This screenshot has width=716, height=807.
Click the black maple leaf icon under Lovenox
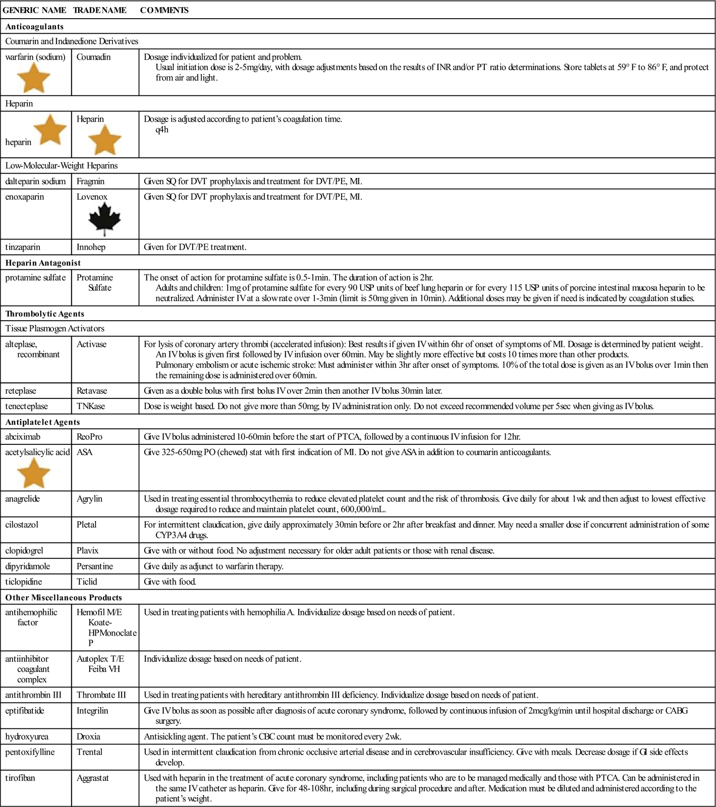tap(105, 219)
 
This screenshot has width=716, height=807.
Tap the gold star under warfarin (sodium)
tap(33, 79)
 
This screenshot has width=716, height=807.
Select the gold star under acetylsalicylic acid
tap(33, 474)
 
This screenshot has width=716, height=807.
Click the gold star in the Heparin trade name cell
tap(104, 139)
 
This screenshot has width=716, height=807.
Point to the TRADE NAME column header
tap(99, 10)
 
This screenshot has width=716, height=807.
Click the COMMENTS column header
tap(164, 10)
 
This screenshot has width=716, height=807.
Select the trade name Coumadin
tap(93, 57)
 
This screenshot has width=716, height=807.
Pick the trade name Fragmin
tap(90, 181)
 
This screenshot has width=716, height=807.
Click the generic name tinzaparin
tap(23, 247)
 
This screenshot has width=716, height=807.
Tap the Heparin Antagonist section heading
tap(43, 263)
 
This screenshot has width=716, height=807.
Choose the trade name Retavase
tap(92, 391)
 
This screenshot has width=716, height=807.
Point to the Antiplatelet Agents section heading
tap(43, 422)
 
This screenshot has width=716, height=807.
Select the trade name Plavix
tap(87, 550)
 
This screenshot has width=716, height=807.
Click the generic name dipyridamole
tap(28, 566)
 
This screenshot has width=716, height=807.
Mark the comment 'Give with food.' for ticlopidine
tap(170, 582)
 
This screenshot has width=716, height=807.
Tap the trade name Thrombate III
tap(101, 695)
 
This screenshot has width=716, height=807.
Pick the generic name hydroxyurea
tap(27, 736)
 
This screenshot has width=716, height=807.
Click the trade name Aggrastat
tap(93, 778)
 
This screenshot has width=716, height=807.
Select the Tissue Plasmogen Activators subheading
tap(55, 328)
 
